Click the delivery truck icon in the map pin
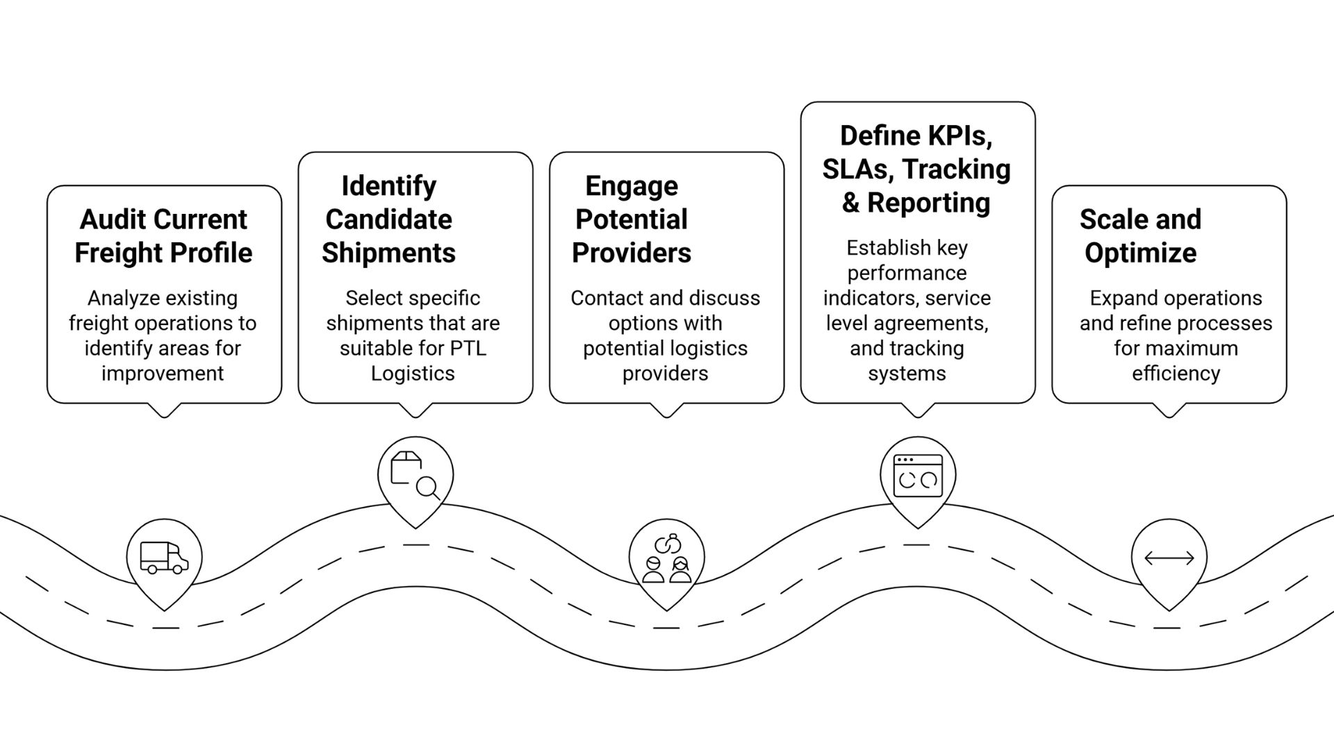164,558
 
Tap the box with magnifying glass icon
415,476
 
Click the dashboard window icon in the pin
918,476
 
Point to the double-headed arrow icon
1169,558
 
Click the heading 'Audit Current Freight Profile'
163,236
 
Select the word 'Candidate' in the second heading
388,219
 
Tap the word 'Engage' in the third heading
631,186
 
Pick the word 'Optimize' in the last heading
1140,253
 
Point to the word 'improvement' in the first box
163,374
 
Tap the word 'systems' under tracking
907,374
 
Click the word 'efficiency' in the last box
1176,374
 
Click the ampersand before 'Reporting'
850,203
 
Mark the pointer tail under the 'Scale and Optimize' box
1169,410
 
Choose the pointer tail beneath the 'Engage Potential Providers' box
666,410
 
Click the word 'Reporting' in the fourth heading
928,203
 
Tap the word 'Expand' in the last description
1118,299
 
